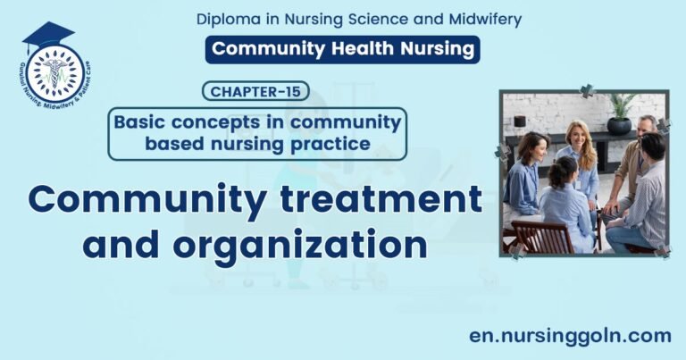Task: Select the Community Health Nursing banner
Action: (x=342, y=49)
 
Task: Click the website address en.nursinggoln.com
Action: (x=570, y=336)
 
